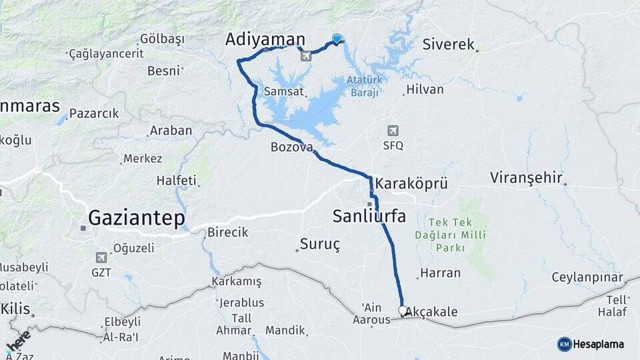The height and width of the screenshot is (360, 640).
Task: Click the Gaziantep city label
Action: [x=136, y=218]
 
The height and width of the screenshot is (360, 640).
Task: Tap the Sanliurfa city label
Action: [x=369, y=216]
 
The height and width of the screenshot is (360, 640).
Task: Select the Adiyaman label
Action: [x=265, y=39]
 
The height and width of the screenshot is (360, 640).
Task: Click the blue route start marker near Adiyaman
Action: [x=337, y=39]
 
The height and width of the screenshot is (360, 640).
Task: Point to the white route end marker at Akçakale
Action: [x=403, y=310]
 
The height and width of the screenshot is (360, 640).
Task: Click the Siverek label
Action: [x=448, y=45]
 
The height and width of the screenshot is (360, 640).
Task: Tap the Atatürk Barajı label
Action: [x=364, y=86]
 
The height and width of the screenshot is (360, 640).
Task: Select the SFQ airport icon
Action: [x=393, y=131]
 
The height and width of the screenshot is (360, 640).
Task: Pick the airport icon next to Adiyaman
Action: [x=306, y=56]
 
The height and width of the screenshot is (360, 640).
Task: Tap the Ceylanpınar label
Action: [x=587, y=277]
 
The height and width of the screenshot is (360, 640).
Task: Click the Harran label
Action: [x=440, y=273]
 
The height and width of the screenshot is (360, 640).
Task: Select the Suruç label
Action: [x=320, y=245]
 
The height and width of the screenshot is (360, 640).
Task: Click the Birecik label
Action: [x=227, y=232]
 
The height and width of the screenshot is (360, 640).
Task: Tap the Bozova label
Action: [x=291, y=147]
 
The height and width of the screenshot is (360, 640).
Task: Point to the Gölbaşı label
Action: [x=162, y=39]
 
